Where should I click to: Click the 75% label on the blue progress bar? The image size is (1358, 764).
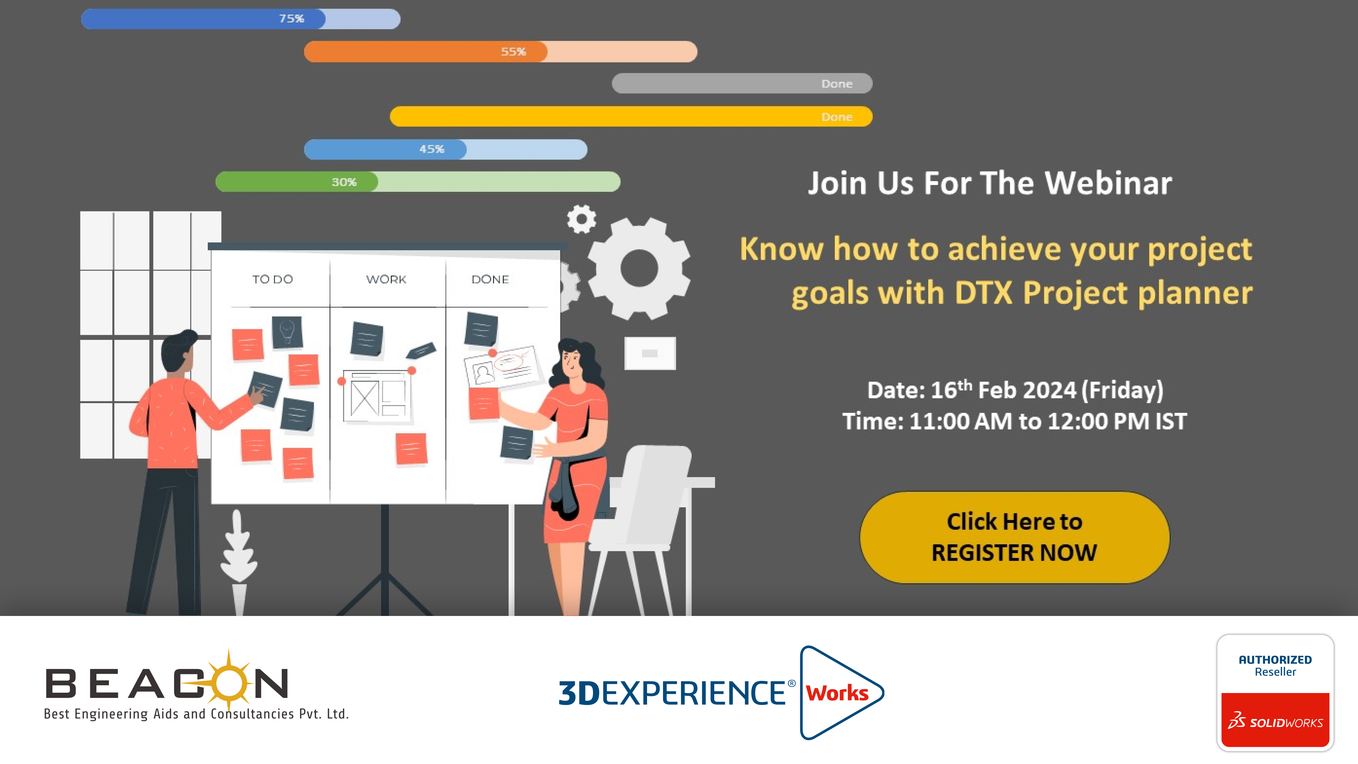click(292, 18)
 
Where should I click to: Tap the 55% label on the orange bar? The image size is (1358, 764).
click(513, 52)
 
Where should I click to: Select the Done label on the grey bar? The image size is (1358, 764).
click(837, 84)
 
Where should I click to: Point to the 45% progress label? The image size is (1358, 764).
click(432, 149)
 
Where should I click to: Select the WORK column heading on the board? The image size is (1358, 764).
click(386, 279)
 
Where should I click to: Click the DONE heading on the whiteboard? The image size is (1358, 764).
click(490, 279)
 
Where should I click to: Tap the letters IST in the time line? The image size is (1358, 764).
click(1171, 421)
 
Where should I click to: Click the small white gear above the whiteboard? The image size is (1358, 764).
click(582, 219)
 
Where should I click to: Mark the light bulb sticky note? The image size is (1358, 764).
click(287, 332)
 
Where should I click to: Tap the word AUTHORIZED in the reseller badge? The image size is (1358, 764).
click(1275, 660)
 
